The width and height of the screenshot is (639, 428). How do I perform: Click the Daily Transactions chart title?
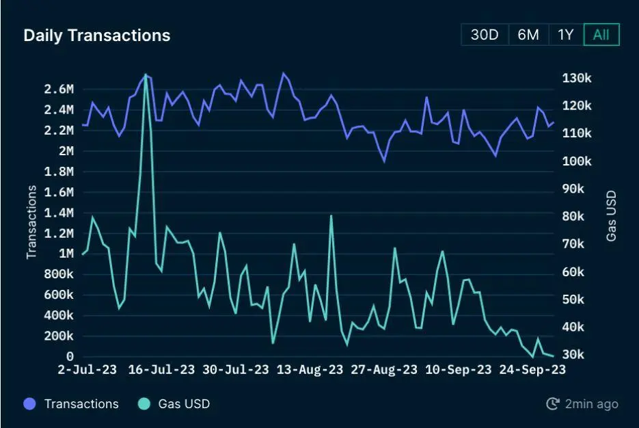pyautogui.click(x=96, y=36)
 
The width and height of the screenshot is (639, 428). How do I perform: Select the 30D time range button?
pyautogui.click(x=485, y=35)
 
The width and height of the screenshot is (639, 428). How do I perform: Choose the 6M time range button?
pyautogui.click(x=528, y=35)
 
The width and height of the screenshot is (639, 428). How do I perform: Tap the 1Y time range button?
pyautogui.click(x=566, y=35)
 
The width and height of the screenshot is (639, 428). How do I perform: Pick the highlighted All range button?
pyautogui.click(x=601, y=35)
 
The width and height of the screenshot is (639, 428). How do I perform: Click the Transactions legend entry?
pyautogui.click(x=81, y=404)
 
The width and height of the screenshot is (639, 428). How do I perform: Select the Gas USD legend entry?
pyautogui.click(x=184, y=404)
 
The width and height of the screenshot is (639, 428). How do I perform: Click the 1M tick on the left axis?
pyautogui.click(x=66, y=254)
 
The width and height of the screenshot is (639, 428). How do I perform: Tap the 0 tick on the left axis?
pyautogui.click(x=70, y=356)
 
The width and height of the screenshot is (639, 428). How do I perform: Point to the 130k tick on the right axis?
pyautogui.click(x=577, y=79)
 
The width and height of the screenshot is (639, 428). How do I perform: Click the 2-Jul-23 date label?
pyautogui.click(x=87, y=370)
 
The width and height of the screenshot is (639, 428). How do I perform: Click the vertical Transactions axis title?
pyautogui.click(x=31, y=223)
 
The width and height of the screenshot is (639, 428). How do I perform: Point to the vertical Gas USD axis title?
pyautogui.click(x=611, y=215)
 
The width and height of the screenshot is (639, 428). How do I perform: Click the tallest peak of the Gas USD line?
pyautogui.click(x=146, y=75)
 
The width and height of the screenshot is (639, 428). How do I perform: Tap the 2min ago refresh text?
pyautogui.click(x=590, y=404)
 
